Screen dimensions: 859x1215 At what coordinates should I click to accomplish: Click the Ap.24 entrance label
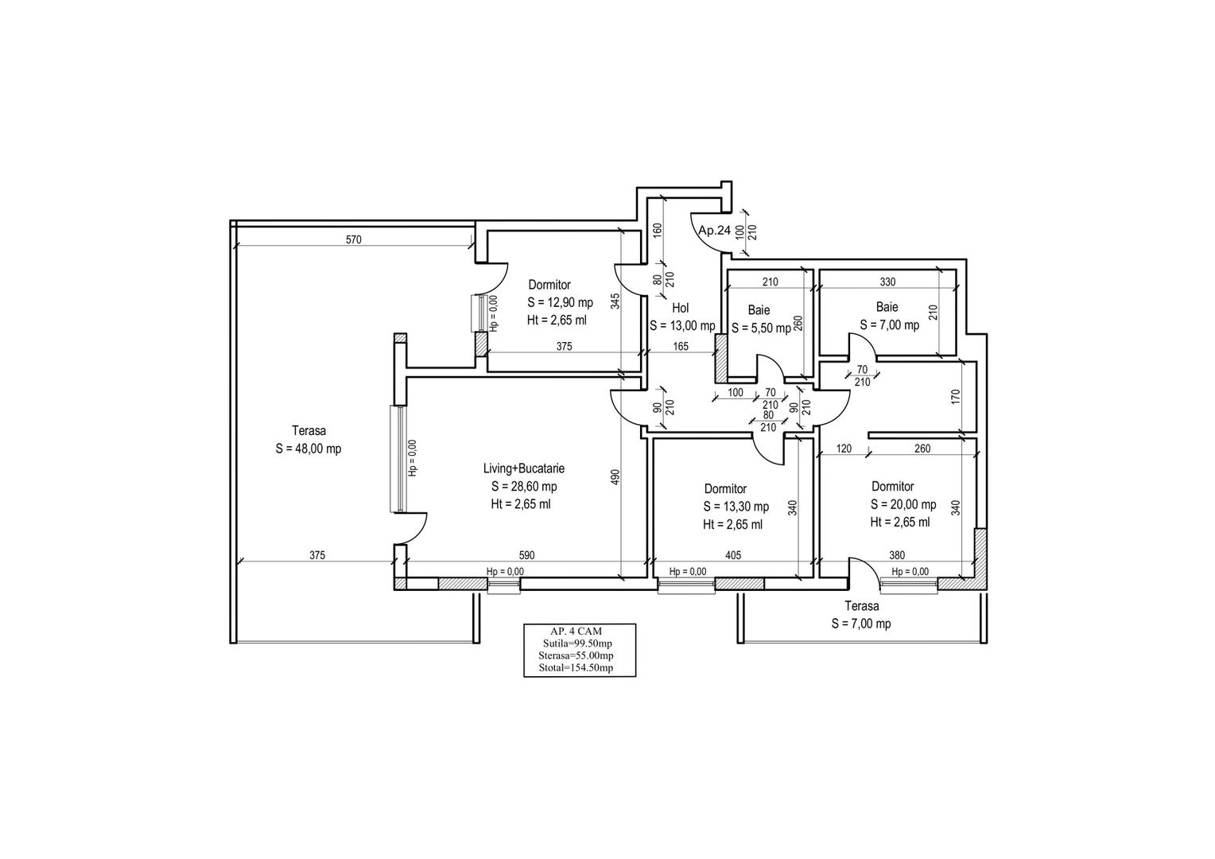point(714,231)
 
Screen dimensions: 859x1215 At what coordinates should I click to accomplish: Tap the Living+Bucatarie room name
point(524,468)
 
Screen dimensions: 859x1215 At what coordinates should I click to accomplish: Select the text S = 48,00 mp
point(308,449)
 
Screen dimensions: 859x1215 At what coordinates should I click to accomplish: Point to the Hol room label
point(680,308)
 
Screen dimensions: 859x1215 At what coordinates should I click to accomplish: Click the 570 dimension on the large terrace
point(354,240)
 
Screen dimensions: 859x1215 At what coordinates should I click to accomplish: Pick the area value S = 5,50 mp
point(761,328)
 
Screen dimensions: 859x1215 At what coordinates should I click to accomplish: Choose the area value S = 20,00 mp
point(903,504)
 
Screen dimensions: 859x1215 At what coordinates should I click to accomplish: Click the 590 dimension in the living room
point(526,556)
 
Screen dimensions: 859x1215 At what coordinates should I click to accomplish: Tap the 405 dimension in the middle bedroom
point(733,556)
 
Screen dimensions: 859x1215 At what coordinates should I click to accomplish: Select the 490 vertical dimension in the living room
point(615,477)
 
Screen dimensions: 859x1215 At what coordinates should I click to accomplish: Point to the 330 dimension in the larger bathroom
point(887,282)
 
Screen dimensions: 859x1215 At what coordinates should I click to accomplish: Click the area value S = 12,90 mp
point(560,302)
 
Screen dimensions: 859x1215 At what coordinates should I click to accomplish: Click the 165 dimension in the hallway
point(681,346)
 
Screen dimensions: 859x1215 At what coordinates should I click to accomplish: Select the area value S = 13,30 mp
point(736,507)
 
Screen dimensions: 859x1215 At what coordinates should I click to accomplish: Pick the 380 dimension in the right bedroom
point(897,556)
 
